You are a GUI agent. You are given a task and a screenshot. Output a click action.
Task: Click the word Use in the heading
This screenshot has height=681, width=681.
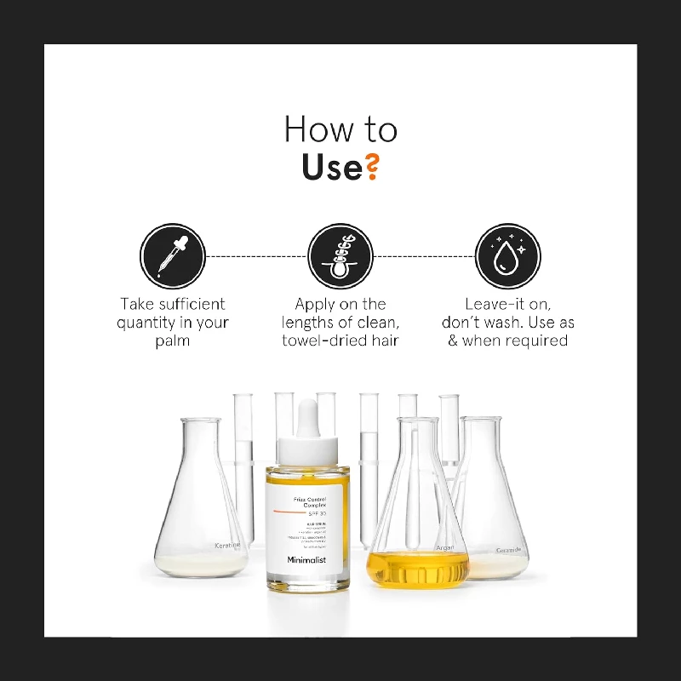(331, 168)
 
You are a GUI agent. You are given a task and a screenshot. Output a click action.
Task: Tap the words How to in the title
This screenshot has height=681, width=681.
(340, 129)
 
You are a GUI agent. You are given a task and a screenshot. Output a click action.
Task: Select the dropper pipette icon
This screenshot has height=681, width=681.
(173, 256)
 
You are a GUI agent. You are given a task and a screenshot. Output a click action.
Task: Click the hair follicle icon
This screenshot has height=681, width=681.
(340, 256)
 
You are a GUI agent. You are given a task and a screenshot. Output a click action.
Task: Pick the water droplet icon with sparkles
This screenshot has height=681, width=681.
(507, 256)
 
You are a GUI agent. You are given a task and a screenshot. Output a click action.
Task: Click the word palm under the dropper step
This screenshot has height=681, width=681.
(173, 340)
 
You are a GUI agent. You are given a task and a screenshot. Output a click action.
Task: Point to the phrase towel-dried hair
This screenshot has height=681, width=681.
(340, 340)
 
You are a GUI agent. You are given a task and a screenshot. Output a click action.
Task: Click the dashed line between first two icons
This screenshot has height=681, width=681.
(255, 255)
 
